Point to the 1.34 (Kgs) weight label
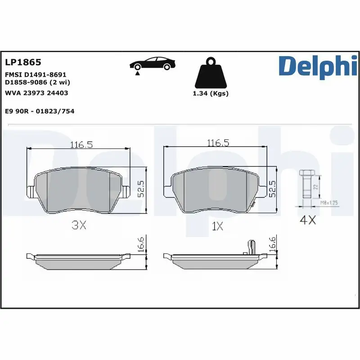tap(210, 94)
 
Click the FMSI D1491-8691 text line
tap(36, 74)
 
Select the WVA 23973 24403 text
tap(36, 93)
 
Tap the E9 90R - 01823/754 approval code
tap(39, 111)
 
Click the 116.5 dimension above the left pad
tap(81, 144)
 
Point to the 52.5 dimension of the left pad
tap(140, 189)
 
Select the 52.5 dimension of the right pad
tap(272, 189)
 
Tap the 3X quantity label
tap(79, 226)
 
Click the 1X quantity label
tap(217, 226)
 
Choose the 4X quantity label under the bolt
tap(308, 221)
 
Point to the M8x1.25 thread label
tap(328, 203)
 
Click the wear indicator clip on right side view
tap(250, 246)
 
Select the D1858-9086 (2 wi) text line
tap(37, 82)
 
